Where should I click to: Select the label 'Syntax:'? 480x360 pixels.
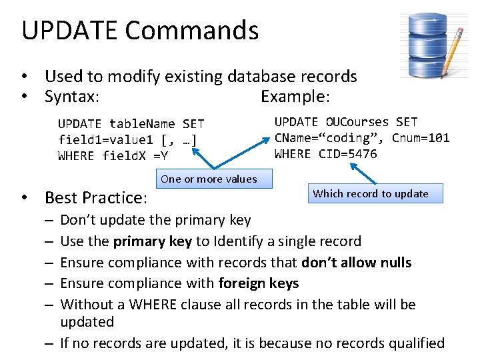tap(72, 97)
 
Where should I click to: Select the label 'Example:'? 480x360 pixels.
tap(295, 97)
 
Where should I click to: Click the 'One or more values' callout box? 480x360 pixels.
tap(209, 179)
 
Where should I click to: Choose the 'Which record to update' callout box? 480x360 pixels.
tap(371, 194)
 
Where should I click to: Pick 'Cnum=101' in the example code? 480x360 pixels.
tap(421, 138)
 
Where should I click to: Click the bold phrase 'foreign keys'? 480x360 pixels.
tap(259, 283)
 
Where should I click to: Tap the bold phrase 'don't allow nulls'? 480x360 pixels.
tap(356, 262)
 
